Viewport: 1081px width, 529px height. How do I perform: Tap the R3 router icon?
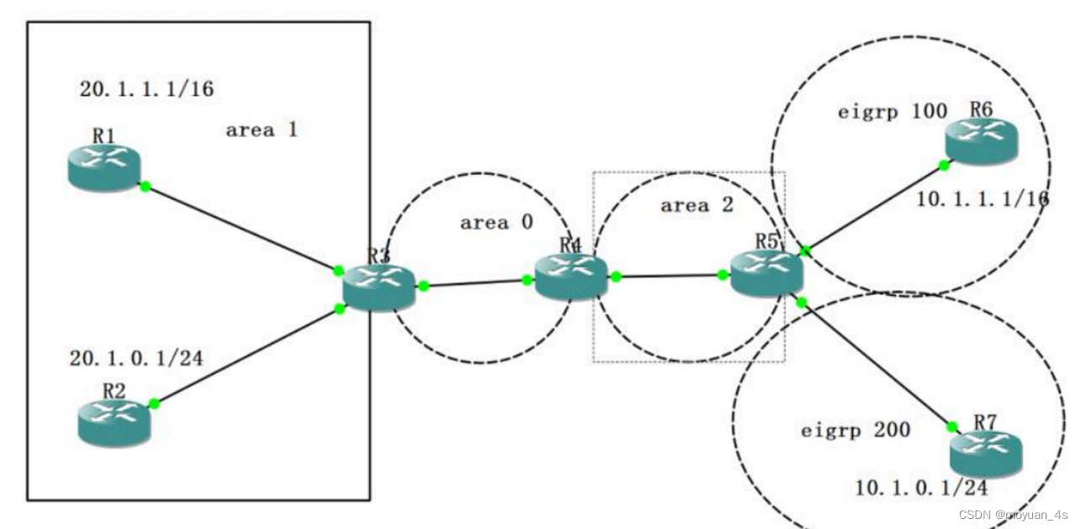(379, 287)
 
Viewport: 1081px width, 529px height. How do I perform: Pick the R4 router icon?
(570, 275)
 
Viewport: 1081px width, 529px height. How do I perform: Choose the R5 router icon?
(766, 272)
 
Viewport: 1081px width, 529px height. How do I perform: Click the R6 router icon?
(980, 140)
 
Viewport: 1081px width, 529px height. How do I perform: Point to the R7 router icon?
(985, 455)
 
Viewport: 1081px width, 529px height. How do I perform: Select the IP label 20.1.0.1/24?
(137, 359)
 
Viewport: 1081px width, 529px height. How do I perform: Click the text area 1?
(262, 130)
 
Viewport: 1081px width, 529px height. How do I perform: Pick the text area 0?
(495, 223)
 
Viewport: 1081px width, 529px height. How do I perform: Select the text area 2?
(697, 205)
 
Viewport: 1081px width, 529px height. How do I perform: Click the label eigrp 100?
(893, 111)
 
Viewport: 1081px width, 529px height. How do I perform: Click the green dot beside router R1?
(145, 187)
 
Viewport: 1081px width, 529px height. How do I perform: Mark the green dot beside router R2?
(153, 404)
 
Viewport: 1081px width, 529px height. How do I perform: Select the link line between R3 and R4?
(475, 283)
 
